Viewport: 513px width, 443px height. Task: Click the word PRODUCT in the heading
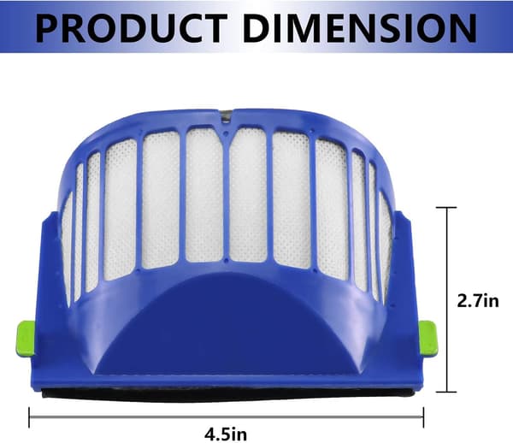click(x=132, y=28)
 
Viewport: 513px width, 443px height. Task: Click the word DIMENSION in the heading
click(x=360, y=28)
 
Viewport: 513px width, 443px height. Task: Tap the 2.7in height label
click(x=478, y=301)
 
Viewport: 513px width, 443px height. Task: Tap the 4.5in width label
click(x=226, y=434)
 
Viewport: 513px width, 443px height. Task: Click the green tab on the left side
click(x=26, y=339)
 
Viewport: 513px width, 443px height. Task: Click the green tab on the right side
click(x=428, y=339)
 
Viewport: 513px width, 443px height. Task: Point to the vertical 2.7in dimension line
click(x=447, y=299)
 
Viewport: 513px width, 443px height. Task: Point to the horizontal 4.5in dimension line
click(x=227, y=417)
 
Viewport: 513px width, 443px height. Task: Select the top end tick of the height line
click(x=447, y=208)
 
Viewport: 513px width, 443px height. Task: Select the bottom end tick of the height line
click(x=447, y=392)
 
